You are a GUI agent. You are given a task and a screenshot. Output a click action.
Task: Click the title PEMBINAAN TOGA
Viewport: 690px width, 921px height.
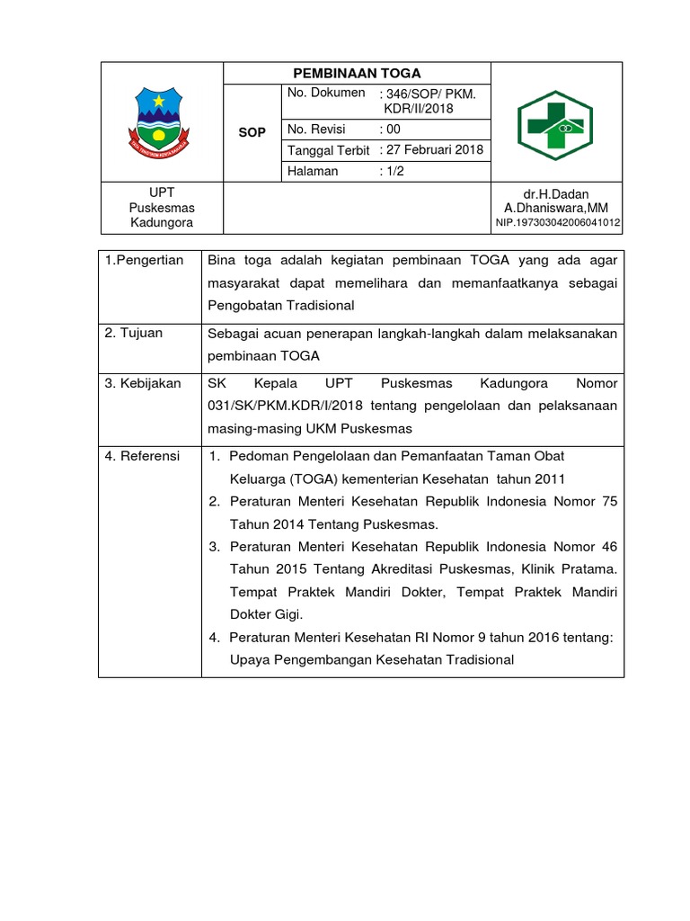click(358, 74)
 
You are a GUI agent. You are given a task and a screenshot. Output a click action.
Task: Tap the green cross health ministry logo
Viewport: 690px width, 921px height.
click(555, 126)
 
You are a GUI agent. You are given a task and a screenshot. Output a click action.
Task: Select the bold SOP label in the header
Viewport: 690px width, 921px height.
click(252, 132)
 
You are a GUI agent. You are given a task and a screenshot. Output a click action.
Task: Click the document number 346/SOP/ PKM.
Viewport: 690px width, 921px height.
click(428, 94)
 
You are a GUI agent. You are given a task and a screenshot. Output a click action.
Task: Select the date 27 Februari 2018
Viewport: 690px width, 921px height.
click(432, 150)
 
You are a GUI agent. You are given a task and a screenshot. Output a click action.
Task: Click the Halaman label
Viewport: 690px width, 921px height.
click(313, 171)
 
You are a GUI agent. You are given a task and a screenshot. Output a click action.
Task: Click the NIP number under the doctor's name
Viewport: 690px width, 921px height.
click(558, 223)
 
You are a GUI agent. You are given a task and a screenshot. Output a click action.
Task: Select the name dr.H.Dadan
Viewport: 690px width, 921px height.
click(556, 193)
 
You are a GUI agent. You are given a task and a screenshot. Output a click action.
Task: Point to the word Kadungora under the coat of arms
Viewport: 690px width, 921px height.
click(162, 223)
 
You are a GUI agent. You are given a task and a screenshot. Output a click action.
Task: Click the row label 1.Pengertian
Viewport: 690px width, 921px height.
click(145, 261)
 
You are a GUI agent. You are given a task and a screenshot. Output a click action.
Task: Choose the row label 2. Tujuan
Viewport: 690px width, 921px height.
click(134, 333)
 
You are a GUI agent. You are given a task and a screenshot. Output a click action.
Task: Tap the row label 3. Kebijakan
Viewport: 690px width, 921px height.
click(143, 383)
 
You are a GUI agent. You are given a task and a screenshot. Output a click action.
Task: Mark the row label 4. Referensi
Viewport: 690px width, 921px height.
click(143, 456)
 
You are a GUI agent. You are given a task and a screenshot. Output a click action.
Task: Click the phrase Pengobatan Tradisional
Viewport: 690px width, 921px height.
click(281, 305)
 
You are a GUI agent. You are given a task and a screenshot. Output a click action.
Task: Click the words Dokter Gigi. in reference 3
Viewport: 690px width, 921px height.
click(267, 614)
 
